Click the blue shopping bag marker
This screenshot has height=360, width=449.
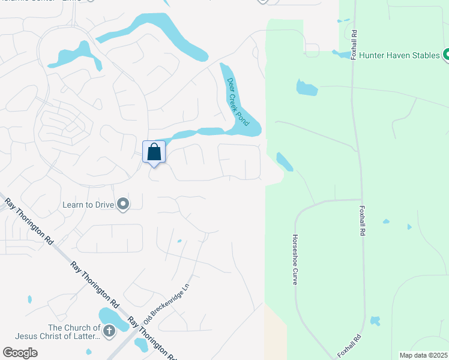coord(154,151)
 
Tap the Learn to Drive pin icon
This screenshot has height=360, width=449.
coord(123,205)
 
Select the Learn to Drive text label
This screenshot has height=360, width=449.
coord(88,205)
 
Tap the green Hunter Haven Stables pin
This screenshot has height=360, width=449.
coord(447,56)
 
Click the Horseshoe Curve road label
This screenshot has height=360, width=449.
coord(295,259)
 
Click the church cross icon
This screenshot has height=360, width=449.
coord(109,331)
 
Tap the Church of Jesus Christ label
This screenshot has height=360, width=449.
coord(74,332)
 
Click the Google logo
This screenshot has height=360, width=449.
coord(20,352)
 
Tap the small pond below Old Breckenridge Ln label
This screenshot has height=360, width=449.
coord(142,344)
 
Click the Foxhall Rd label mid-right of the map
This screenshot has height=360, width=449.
coord(362,221)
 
